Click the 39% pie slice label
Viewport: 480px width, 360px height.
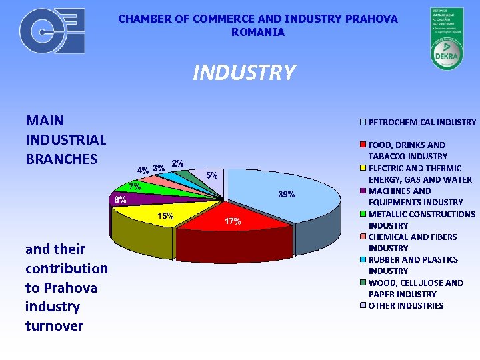pyautogui.click(x=287, y=194)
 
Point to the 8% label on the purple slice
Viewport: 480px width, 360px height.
pyautogui.click(x=121, y=199)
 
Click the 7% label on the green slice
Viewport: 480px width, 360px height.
pyautogui.click(x=135, y=186)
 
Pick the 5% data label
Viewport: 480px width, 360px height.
pyautogui.click(x=211, y=175)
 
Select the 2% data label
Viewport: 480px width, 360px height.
pyautogui.click(x=178, y=163)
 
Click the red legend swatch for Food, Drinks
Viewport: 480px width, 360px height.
pyautogui.click(x=363, y=145)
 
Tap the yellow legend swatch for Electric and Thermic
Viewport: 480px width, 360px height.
pyautogui.click(x=363, y=168)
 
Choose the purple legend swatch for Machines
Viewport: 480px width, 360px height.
pyautogui.click(x=363, y=191)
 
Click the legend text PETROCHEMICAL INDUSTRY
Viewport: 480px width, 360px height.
pyautogui.click(x=422, y=122)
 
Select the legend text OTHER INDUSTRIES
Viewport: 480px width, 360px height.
pyautogui.click(x=405, y=305)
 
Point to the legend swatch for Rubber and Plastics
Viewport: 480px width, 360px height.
pyautogui.click(x=363, y=259)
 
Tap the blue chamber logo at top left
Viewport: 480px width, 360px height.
pyautogui.click(x=52, y=31)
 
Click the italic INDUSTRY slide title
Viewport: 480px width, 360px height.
pyautogui.click(x=243, y=72)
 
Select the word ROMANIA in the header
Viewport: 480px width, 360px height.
pyautogui.click(x=258, y=32)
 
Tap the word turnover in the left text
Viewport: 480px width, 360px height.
pyautogui.click(x=54, y=325)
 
